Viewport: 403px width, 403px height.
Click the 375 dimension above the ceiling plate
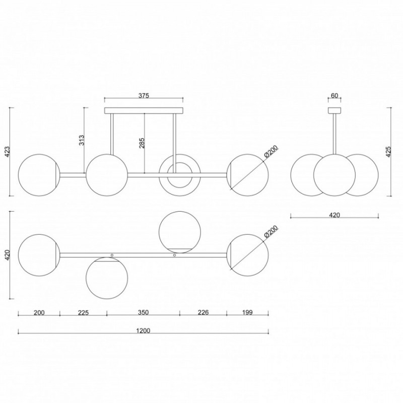pyautogui.click(x=144, y=96)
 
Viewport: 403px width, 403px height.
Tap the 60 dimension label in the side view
pyautogui.click(x=334, y=96)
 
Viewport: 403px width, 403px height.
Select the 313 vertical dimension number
pyautogui.click(x=82, y=140)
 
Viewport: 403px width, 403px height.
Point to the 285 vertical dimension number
pyautogui.click(x=142, y=143)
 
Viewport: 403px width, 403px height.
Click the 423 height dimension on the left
pyautogui.click(x=7, y=152)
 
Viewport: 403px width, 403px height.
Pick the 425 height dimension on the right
pyautogui.click(x=388, y=152)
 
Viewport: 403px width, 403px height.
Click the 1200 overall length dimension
pyautogui.click(x=143, y=330)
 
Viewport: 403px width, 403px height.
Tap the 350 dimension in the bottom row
pyautogui.click(x=143, y=312)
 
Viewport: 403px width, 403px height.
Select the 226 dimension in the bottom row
pyautogui.click(x=203, y=312)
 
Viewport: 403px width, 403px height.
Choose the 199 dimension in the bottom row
pyautogui.click(x=247, y=312)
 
